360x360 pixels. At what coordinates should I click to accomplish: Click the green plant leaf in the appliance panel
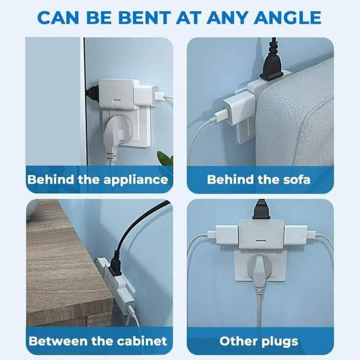point(165,158)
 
